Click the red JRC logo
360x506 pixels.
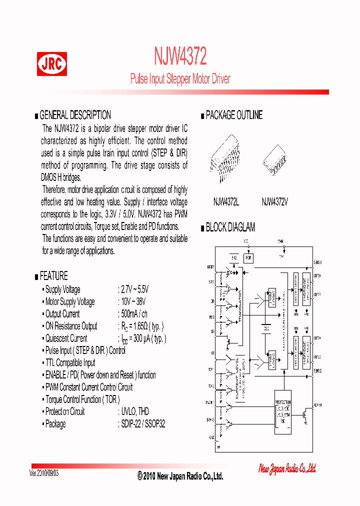point(51,64)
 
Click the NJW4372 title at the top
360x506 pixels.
point(180,56)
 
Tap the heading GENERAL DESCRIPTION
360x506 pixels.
point(75,115)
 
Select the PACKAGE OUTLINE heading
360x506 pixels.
point(233,115)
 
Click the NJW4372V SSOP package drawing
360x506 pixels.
point(275,160)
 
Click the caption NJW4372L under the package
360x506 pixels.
point(226,202)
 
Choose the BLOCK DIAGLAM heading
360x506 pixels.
point(230,227)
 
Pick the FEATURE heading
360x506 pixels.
point(53,276)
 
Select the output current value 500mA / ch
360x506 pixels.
point(133,314)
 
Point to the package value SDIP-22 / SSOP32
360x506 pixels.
point(142,424)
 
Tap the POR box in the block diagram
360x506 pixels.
point(248,258)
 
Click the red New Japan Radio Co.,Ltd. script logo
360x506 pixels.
point(287,468)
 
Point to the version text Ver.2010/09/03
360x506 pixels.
point(44,473)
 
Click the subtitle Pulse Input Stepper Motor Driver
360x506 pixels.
point(180,79)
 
